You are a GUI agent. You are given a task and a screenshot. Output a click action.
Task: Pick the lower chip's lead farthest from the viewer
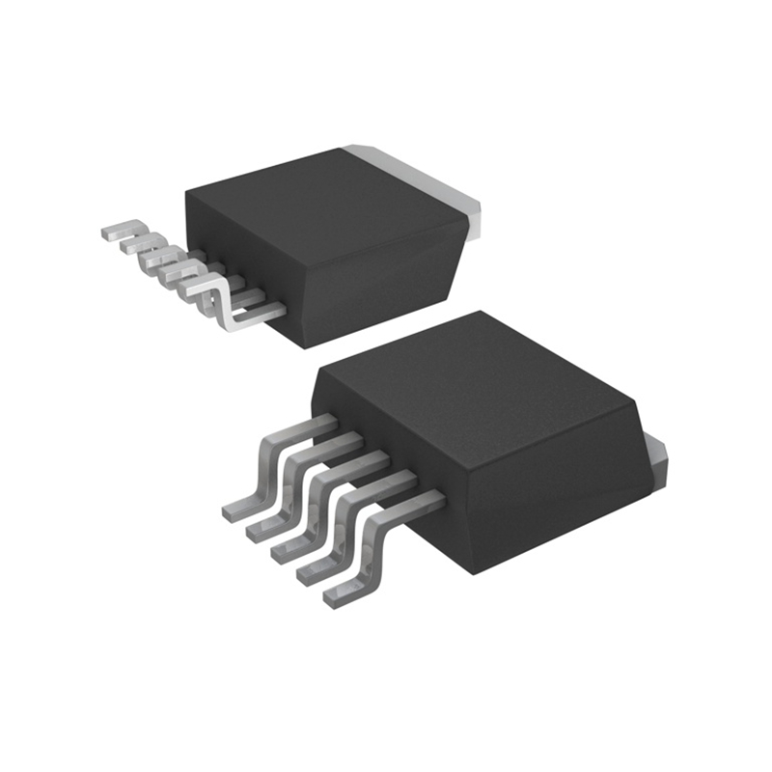280,463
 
